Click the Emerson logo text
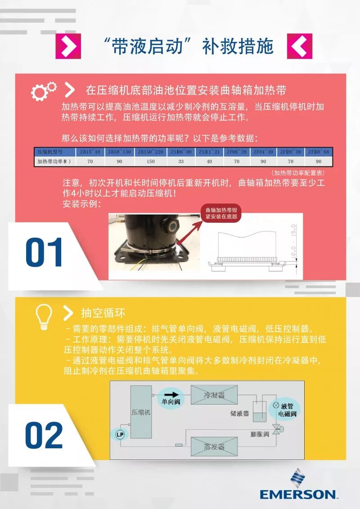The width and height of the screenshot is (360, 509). pos(297,494)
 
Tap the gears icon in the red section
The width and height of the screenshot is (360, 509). pos(44,91)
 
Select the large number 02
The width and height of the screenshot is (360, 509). pos(44,435)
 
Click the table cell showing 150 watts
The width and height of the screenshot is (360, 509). pos(151,161)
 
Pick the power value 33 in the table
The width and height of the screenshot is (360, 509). pos(181,161)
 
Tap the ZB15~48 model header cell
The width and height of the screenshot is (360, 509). pos(90,152)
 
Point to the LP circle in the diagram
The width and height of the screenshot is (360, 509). pos(120,434)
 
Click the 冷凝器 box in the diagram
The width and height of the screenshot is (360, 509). pos(214,395)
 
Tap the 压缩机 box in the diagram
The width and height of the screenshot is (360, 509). pos(141,412)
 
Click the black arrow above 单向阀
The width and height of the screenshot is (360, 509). pos(169,393)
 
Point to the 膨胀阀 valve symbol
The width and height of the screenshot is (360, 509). pos(276,428)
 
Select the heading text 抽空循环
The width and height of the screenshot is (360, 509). pos(103,313)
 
